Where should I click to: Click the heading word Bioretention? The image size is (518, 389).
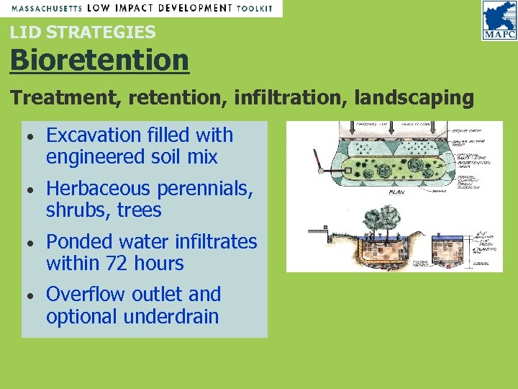(x=99, y=60)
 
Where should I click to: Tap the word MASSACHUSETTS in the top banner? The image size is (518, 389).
(x=45, y=7)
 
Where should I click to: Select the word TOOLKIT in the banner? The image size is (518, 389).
(x=255, y=7)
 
